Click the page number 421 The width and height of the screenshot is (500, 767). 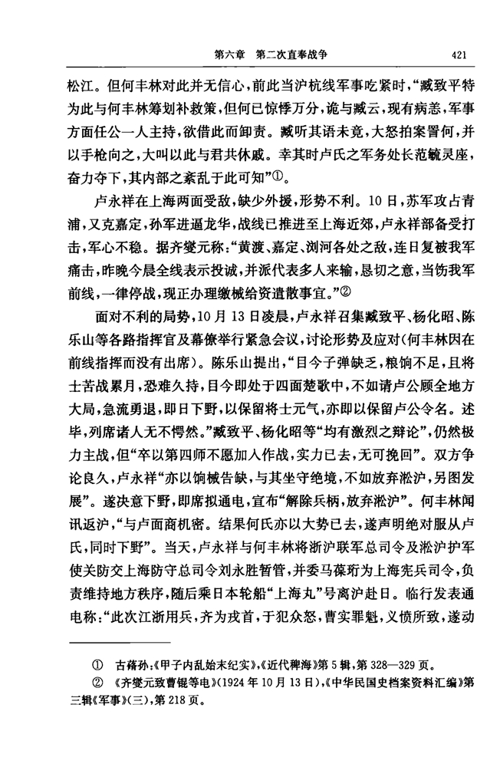[x=459, y=54]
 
